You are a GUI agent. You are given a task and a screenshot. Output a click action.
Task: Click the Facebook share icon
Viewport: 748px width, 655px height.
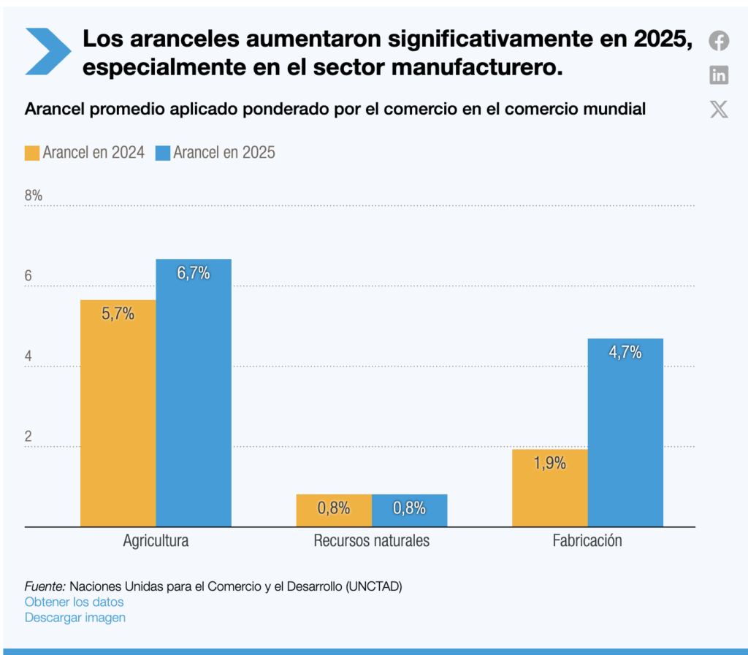pyautogui.click(x=719, y=41)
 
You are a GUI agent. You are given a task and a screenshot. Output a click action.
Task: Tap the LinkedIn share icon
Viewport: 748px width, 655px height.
pyautogui.click(x=719, y=74)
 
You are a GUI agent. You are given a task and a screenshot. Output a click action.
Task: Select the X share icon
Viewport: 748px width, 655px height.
pyautogui.click(x=719, y=110)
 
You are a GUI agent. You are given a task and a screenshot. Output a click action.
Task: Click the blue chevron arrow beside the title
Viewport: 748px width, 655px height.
pyautogui.click(x=47, y=50)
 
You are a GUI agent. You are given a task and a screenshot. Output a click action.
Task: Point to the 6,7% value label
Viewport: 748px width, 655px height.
pyautogui.click(x=194, y=274)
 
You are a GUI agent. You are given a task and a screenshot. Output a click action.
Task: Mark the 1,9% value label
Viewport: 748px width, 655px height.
pyautogui.click(x=549, y=463)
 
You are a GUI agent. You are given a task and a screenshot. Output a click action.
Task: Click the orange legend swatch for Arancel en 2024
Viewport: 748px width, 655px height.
pyautogui.click(x=32, y=153)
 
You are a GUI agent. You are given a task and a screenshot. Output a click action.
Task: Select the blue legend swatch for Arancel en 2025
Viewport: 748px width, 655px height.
pyautogui.click(x=163, y=153)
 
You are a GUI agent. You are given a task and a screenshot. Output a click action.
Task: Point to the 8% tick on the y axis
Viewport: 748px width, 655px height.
pyautogui.click(x=34, y=196)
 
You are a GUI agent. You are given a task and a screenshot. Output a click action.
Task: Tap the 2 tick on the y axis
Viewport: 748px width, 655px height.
pyautogui.click(x=28, y=437)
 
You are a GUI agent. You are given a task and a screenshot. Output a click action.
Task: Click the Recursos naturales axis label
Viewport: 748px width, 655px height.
pyautogui.click(x=371, y=541)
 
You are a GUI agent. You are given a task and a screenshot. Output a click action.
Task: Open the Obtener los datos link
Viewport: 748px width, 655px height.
pyautogui.click(x=74, y=602)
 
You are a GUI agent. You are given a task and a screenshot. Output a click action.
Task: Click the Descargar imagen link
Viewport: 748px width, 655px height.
pyautogui.click(x=75, y=618)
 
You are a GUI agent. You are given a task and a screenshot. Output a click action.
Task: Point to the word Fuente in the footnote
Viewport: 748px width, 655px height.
pyautogui.click(x=45, y=586)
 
